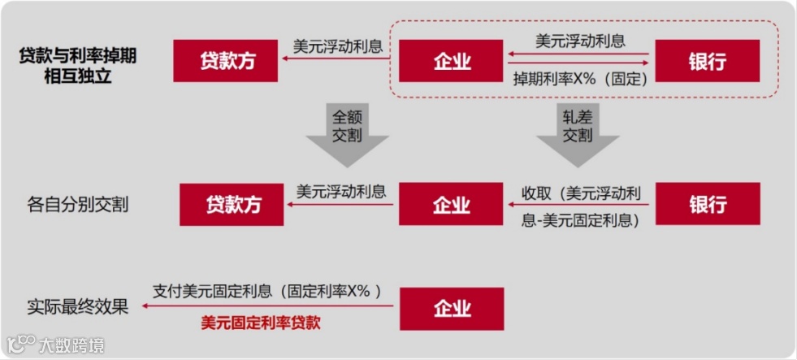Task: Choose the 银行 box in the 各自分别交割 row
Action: coord(707,204)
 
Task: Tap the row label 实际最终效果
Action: coord(78,307)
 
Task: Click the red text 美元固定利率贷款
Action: coord(261,323)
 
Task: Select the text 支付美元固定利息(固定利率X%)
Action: coord(266,290)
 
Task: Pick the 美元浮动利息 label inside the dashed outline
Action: coord(580,40)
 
